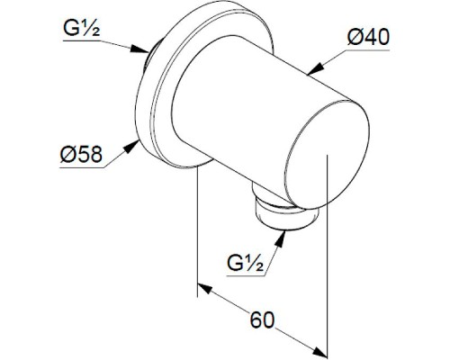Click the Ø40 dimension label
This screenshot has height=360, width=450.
point(368,38)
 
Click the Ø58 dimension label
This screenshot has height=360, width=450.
point(81,154)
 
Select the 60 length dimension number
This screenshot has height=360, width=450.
point(262,319)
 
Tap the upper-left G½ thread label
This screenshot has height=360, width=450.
point(82,28)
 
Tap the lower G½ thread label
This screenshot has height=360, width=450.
point(246,263)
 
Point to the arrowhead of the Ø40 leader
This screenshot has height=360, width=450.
point(315,68)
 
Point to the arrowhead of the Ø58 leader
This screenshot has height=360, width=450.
point(131,147)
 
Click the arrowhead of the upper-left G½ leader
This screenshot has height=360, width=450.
point(140,49)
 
